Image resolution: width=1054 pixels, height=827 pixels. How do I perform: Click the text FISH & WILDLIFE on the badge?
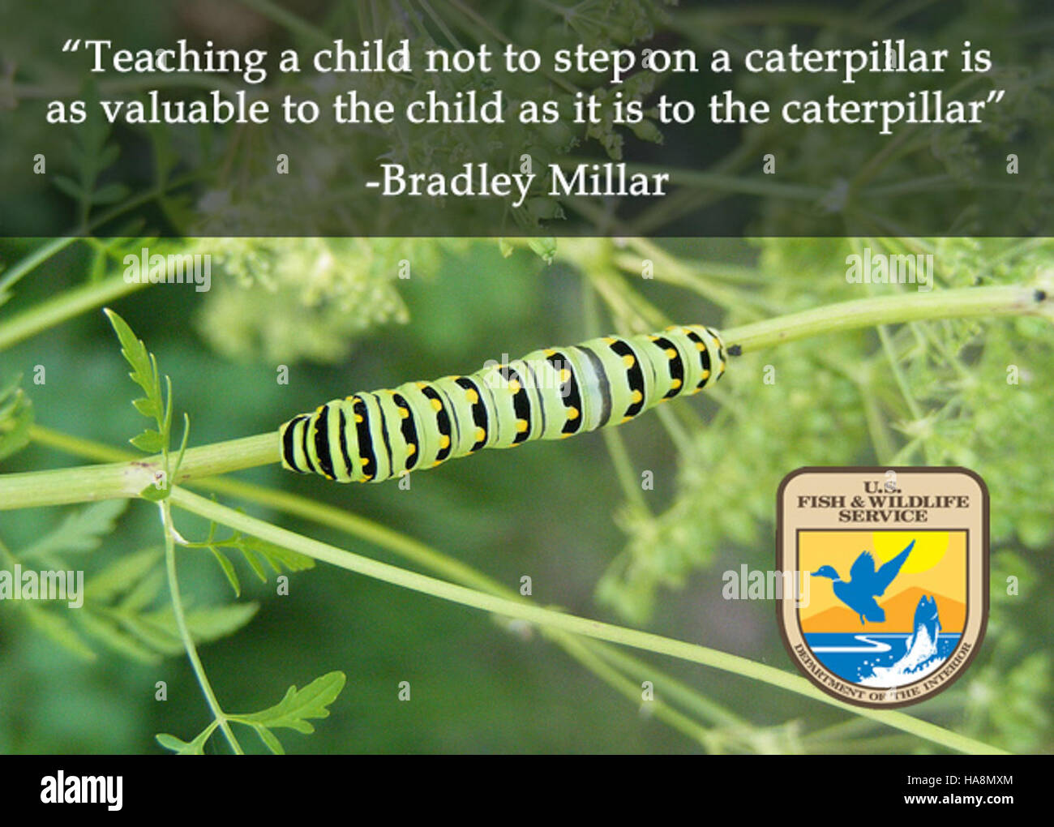[x=883, y=502]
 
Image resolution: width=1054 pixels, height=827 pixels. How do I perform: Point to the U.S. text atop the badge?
[x=882, y=487]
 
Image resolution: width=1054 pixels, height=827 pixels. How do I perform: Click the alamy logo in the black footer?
[x=81, y=791]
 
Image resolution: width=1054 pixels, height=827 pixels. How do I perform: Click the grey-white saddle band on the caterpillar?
[x=598, y=385]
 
